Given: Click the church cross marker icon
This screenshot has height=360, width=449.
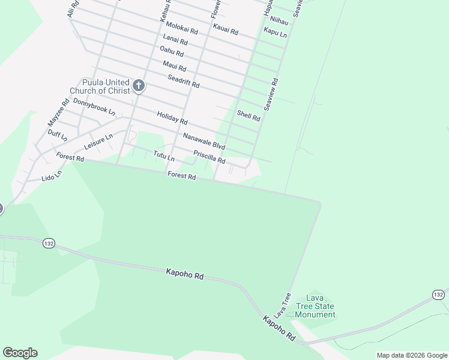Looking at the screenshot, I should pyautogui.click(x=139, y=86).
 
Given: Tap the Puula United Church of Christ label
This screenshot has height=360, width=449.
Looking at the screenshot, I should pyautogui.click(x=99, y=86).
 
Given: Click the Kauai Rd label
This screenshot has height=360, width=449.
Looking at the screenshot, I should pyautogui.click(x=226, y=29).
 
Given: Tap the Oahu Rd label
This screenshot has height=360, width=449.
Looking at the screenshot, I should pyautogui.click(x=171, y=52).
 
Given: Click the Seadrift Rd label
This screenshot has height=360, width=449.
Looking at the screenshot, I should pyautogui.click(x=183, y=81).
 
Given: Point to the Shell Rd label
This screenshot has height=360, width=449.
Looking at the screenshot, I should pyautogui.click(x=249, y=115).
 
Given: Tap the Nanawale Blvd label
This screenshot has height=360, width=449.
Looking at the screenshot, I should pyautogui.click(x=204, y=141).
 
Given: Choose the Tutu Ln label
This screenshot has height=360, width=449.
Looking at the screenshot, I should pyautogui.click(x=163, y=156).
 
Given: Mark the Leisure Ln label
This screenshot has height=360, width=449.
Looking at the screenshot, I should pyautogui.click(x=98, y=141).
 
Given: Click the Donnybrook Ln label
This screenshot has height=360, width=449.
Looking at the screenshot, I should pyautogui.click(x=94, y=106).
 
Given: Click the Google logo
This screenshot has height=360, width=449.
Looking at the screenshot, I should pyautogui.click(x=20, y=353).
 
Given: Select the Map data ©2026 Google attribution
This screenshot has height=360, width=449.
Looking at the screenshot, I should pyautogui.click(x=412, y=355).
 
